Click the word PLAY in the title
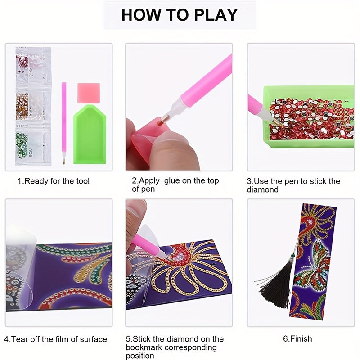(216, 15)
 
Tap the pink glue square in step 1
(89, 93)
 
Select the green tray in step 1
(90, 134)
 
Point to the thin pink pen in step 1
(64, 123)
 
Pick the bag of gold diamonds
(33, 106)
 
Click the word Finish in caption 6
(301, 339)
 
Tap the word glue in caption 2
(173, 181)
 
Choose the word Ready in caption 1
(36, 181)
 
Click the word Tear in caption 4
(19, 339)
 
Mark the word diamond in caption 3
(262, 189)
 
